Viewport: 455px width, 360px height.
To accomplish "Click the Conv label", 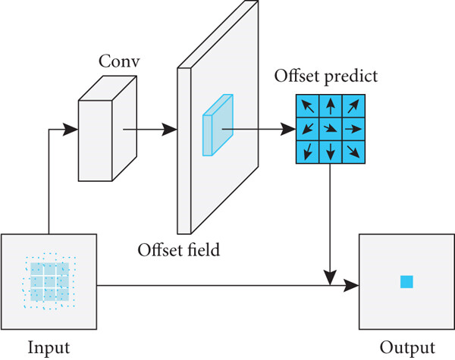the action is pos(119,61).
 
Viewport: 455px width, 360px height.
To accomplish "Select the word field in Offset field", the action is pos(203,249).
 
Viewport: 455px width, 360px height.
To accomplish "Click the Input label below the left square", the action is pos(49,348).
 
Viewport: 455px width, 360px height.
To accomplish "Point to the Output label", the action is pos(407,348).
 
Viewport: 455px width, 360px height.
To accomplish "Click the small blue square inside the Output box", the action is pos(406,282).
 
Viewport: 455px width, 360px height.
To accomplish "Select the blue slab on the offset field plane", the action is pos(218,125).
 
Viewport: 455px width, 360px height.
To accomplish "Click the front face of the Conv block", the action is pos(96,141).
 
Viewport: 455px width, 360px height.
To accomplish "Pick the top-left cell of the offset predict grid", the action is pos(307,106).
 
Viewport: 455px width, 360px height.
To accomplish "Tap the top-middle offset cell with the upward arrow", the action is pos(331,106).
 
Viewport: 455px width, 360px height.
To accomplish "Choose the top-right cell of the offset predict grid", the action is pos(353,106).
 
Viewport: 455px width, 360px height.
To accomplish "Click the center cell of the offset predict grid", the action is pos(331,129).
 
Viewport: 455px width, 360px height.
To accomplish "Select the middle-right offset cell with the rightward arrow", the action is pos(353,129).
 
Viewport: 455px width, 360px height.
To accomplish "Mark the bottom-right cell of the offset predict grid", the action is pos(353,152).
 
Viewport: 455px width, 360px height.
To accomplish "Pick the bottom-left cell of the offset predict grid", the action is pos(307,152).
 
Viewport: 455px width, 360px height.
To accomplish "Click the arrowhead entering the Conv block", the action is pos(71,130).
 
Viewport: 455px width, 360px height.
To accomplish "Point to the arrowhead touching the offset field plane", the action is pos(169,130).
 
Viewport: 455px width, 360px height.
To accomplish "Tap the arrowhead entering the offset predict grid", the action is pos(288,129).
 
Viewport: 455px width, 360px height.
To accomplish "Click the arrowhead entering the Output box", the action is pos(351,286).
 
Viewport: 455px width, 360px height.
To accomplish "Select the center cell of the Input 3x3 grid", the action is pos(50,282).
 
